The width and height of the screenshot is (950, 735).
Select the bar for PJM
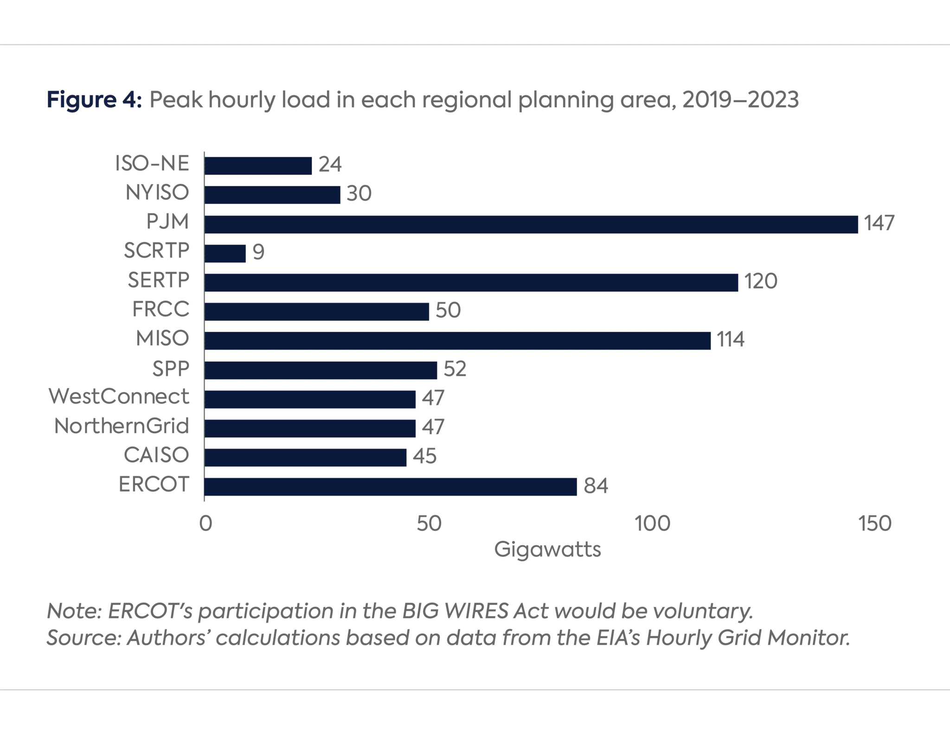tap(531, 224)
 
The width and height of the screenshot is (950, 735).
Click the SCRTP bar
tap(225, 254)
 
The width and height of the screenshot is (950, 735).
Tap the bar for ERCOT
tap(390, 487)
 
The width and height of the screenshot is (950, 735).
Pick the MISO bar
tap(457, 340)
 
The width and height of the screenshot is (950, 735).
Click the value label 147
tap(879, 223)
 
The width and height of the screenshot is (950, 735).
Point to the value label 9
tap(258, 253)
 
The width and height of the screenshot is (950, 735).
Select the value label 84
tap(596, 486)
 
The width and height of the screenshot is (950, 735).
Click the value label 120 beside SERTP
tap(761, 282)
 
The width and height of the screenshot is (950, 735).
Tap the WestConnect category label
tap(119, 397)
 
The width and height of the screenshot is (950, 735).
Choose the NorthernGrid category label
tap(122, 426)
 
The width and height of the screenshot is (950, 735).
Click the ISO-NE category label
tap(152, 164)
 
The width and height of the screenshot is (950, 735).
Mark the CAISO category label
tap(156, 455)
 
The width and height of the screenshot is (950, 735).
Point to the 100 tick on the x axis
tap(652, 524)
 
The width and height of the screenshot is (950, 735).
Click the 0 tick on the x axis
tap(205, 524)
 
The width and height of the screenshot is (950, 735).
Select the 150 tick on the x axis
tap(875, 524)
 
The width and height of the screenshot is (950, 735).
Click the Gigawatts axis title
tap(547, 550)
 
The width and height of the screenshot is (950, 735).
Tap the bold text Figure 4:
tap(94, 100)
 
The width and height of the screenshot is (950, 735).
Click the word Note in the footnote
tap(74, 611)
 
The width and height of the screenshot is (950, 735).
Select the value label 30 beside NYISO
tap(359, 194)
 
